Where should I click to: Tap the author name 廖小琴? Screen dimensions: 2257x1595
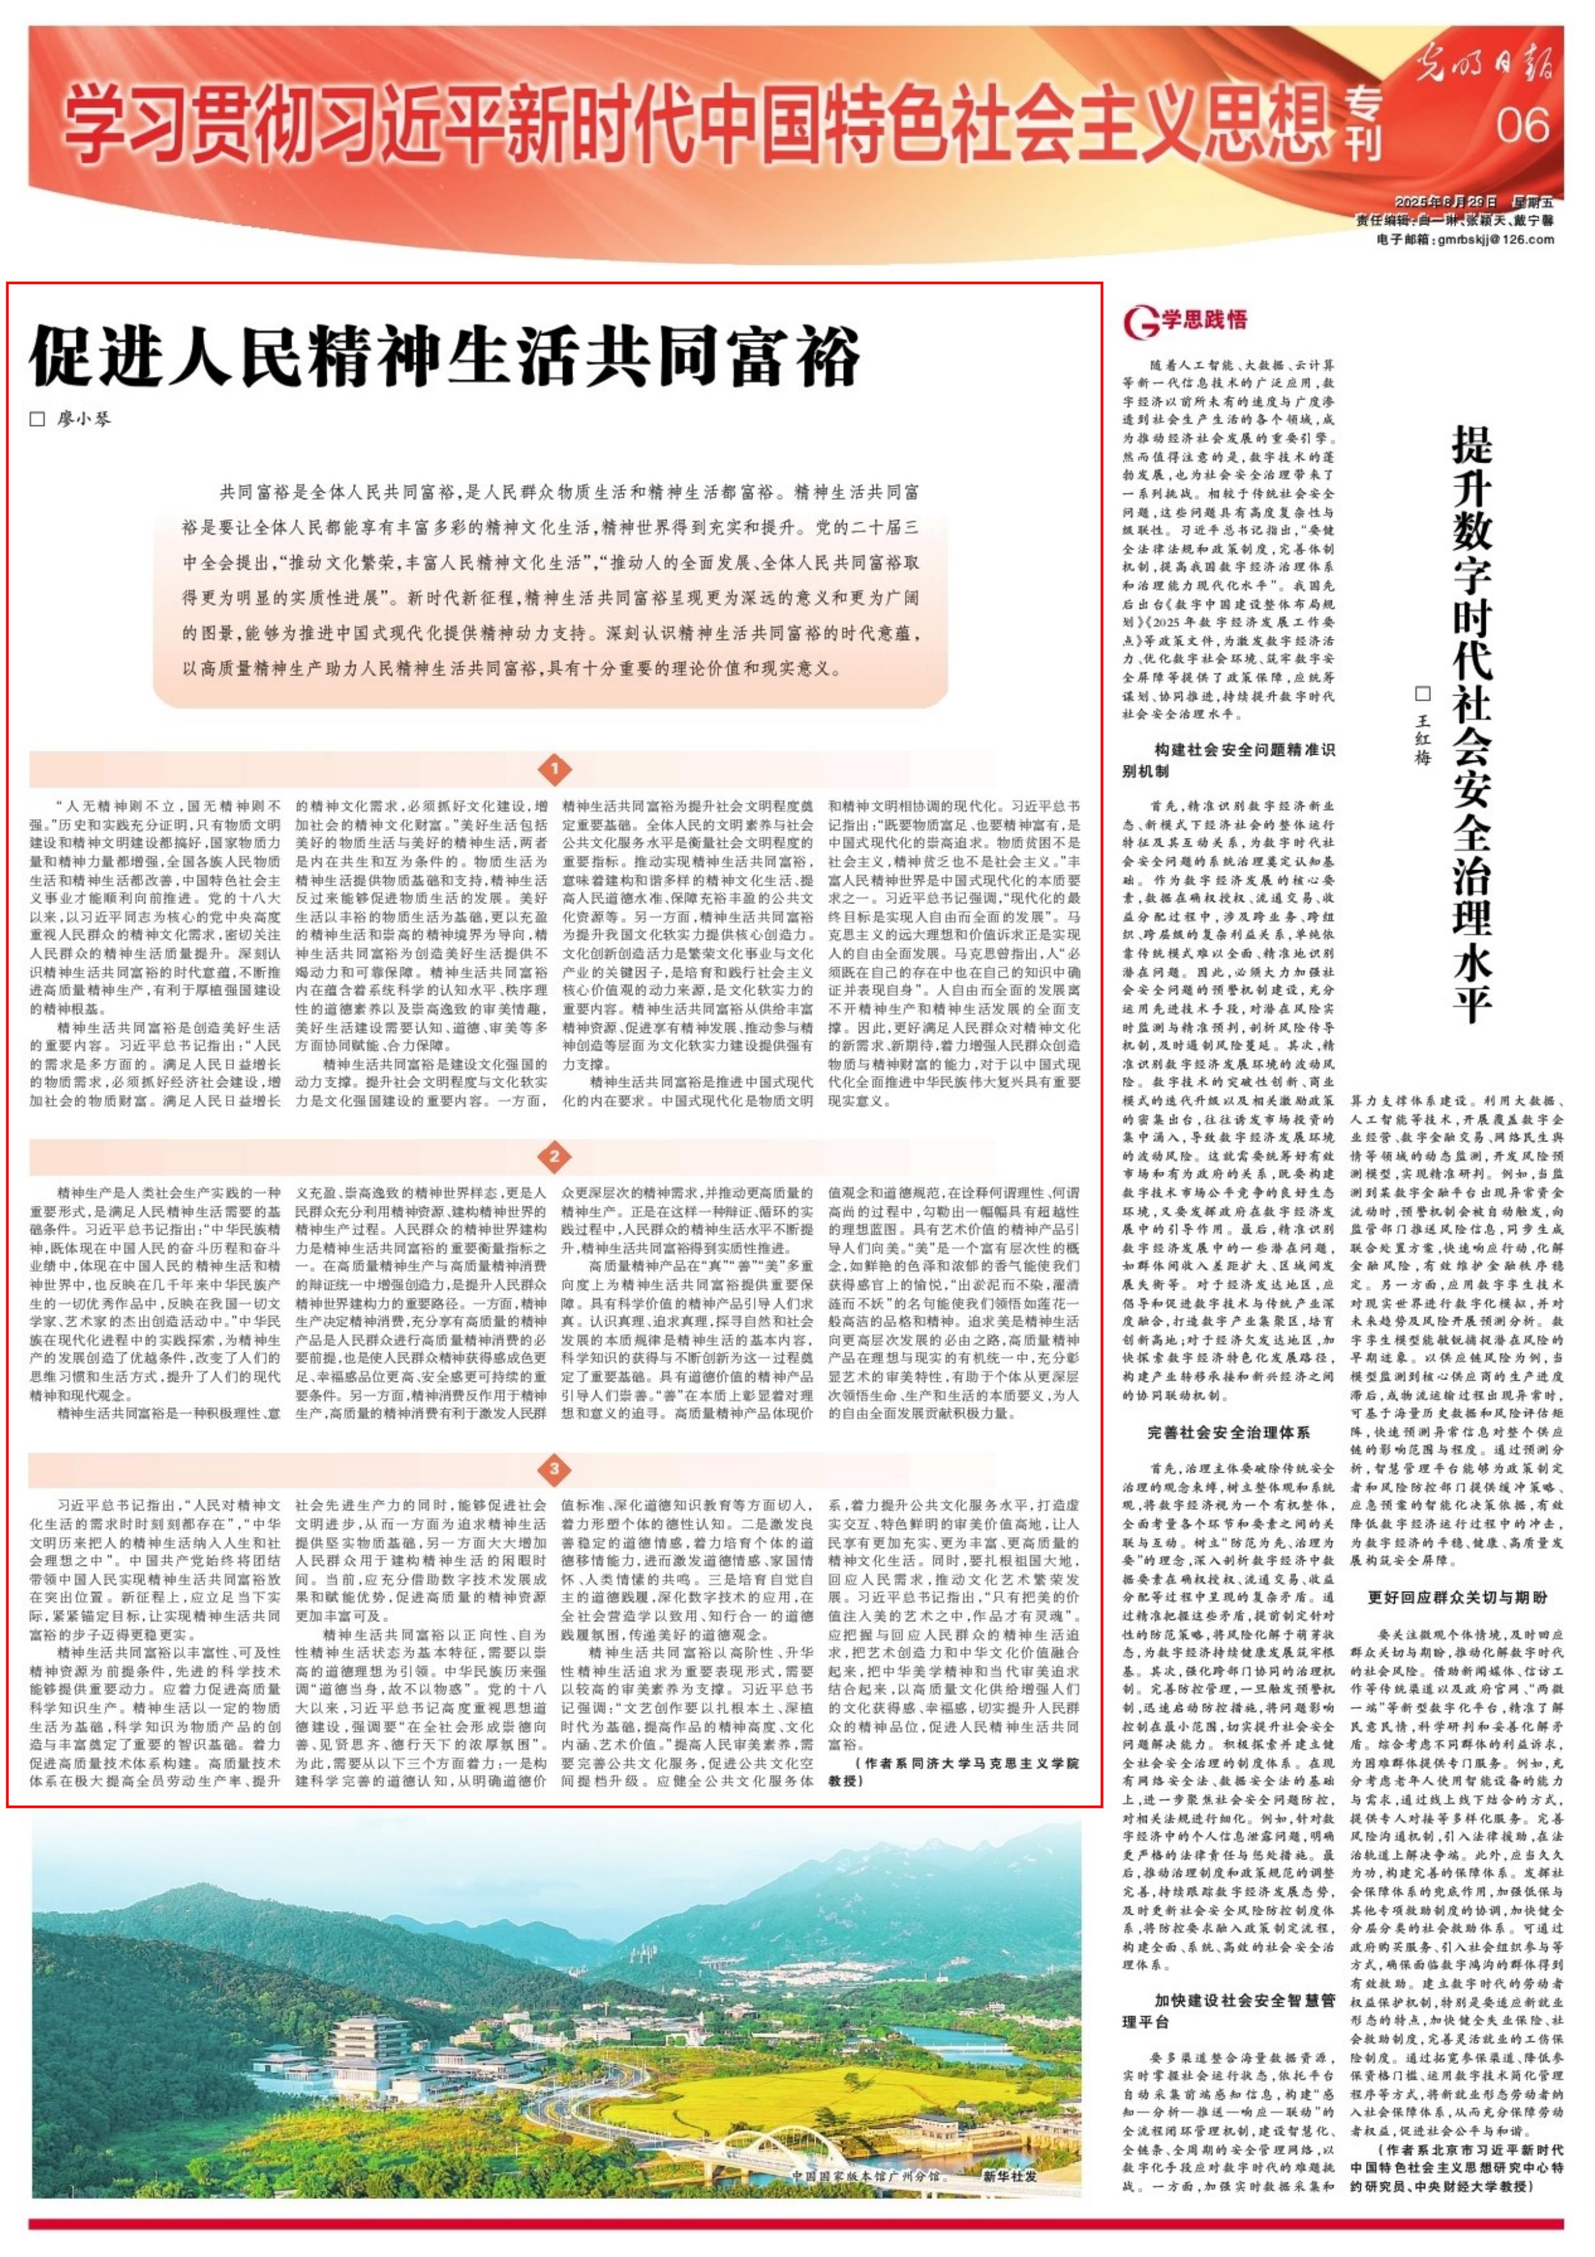84,419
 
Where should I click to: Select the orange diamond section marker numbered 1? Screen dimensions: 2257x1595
555,769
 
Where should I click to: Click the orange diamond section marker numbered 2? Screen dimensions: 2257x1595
555,1156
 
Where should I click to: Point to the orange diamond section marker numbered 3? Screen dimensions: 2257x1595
555,1469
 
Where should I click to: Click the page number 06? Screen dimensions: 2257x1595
1522,127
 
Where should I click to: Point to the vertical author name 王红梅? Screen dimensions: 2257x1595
1423,737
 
